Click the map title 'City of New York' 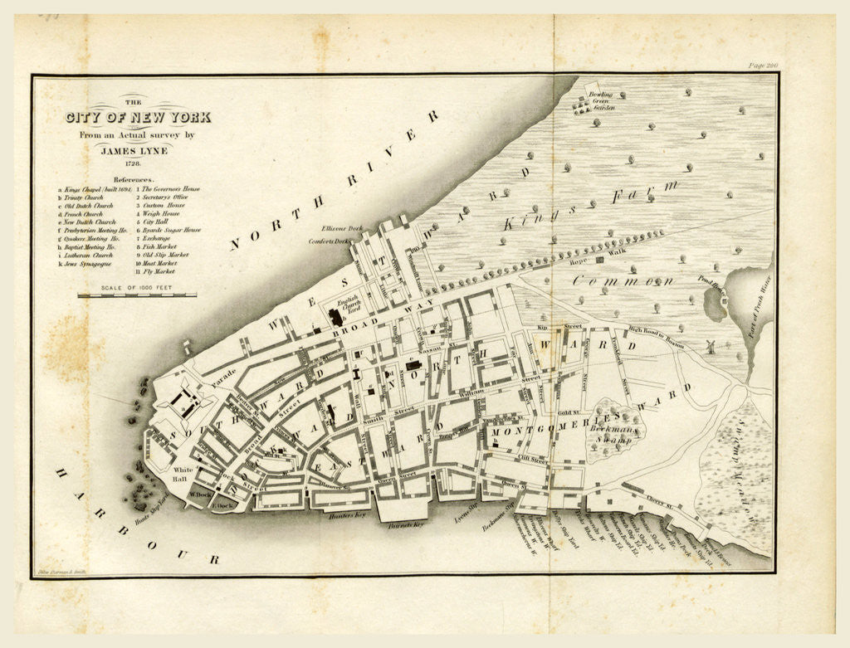pos(137,117)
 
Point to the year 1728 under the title pos(138,164)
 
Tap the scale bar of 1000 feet pos(137,293)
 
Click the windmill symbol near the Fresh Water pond pos(711,346)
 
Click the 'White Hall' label pos(183,475)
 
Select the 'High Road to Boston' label pos(656,331)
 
